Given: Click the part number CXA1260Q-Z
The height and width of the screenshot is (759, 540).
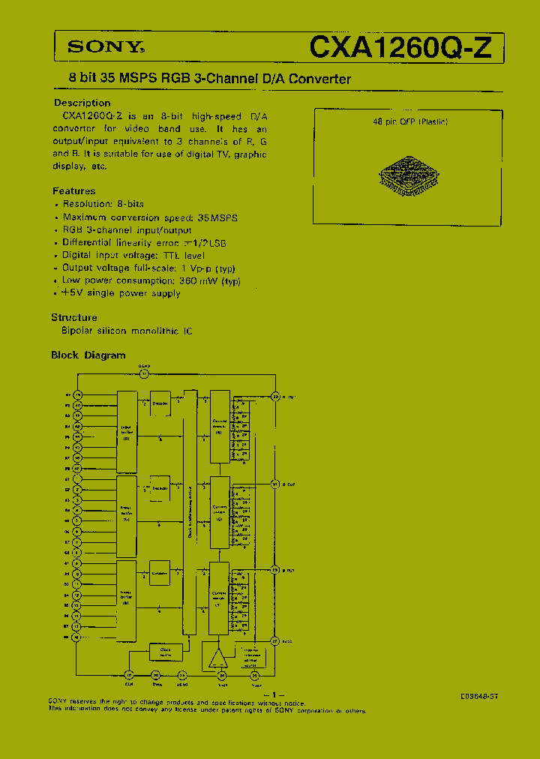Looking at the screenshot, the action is [x=402, y=47].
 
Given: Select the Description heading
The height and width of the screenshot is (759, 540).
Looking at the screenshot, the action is [x=82, y=103].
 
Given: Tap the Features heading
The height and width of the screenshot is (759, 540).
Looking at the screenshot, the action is [x=73, y=191].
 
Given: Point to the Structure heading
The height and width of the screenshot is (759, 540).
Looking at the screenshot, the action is [x=74, y=317].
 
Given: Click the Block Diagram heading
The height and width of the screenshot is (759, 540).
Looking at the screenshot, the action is [x=88, y=355].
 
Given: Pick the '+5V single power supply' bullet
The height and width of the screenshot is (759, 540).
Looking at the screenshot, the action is [x=121, y=293].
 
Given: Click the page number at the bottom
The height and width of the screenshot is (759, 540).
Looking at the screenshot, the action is [x=274, y=694].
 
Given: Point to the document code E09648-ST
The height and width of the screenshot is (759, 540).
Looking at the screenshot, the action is [x=479, y=696].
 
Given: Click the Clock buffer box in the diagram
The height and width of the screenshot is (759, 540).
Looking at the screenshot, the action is [x=166, y=652].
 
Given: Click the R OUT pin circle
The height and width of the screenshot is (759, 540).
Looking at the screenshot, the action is [x=274, y=396].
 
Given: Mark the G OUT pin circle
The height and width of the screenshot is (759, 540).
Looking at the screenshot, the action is [x=274, y=484].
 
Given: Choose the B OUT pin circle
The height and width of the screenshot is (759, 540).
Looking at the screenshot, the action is [x=274, y=570].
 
